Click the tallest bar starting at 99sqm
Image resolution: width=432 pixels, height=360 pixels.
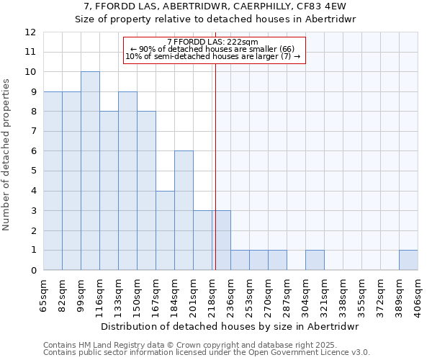pos(90,171)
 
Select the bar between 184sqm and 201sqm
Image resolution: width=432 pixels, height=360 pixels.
pos(184,210)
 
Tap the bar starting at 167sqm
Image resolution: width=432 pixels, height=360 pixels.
pos(165,230)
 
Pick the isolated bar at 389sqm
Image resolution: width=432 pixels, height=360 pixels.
pos(408,260)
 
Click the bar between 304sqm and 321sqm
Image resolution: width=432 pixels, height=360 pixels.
pos(315,260)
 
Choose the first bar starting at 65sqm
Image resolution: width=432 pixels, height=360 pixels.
pos(53,181)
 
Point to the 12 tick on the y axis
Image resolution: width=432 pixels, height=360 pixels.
pos(30,32)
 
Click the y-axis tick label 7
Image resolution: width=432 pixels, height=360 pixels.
pos(33,132)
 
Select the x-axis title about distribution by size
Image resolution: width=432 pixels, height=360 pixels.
pos(230,326)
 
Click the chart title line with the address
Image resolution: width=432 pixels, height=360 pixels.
pos(215,6)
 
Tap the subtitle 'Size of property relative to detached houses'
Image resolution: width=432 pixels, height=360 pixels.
pos(215,19)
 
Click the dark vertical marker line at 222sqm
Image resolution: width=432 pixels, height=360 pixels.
pos(215,180)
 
